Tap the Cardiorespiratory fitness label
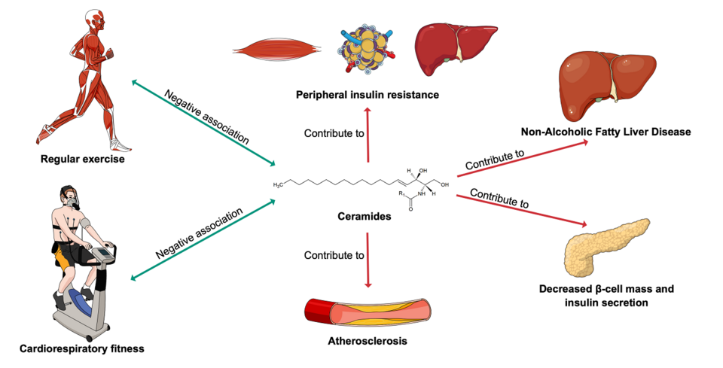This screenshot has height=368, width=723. point(81,348)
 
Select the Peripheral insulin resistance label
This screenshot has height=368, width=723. point(368,95)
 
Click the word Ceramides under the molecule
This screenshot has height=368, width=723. point(364,216)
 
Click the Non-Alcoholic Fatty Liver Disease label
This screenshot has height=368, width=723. point(606,132)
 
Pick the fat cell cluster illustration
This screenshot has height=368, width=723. point(366,50)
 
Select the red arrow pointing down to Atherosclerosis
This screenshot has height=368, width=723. point(368,260)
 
